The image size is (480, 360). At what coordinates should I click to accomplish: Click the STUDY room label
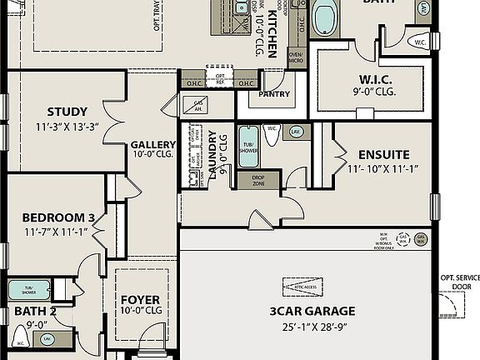pyautogui.click(x=67, y=112)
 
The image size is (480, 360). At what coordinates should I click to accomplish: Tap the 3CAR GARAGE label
pyautogui.click(x=312, y=312)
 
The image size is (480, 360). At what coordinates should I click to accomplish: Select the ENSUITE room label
pyautogui.click(x=383, y=155)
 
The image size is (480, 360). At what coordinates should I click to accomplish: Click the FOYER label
pyautogui.click(x=140, y=300)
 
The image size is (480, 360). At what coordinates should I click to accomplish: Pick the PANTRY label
pyautogui.click(x=274, y=94)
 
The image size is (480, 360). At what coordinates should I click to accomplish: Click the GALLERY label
pyautogui.click(x=152, y=145)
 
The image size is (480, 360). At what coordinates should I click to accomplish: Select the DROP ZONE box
pyautogui.click(x=252, y=179)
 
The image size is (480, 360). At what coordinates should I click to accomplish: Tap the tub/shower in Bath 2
pyautogui.click(x=28, y=290)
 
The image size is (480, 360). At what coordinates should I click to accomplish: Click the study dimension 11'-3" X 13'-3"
pyautogui.click(x=67, y=127)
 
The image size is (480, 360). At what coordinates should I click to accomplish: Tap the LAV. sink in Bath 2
pyautogui.click(x=47, y=339)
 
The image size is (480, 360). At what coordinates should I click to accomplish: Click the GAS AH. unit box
pyautogui.click(x=197, y=106)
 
